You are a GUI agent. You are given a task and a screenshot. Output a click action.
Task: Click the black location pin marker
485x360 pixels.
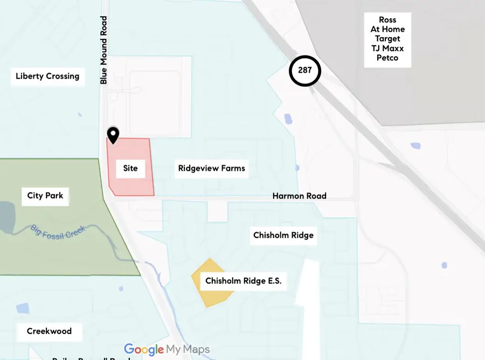113,134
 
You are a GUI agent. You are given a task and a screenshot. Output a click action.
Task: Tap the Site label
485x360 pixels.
130,168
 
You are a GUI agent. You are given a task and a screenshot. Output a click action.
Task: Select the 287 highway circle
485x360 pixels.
305,71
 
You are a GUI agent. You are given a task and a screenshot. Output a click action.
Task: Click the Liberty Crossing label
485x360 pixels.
47,76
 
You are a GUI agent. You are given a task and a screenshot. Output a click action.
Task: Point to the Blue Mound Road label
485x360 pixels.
104,50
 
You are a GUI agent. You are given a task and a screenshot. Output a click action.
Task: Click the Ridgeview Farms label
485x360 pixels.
212,168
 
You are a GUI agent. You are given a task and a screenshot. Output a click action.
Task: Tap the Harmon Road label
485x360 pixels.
299,196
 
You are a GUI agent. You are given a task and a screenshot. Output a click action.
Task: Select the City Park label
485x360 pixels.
45,195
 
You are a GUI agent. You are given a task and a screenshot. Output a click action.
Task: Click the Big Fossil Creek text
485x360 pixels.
58,232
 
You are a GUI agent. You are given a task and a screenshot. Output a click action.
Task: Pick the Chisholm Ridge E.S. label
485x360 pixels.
244,281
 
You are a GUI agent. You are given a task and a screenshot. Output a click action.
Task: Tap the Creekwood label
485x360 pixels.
49,331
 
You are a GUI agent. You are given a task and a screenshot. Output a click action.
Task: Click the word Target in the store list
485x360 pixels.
388,39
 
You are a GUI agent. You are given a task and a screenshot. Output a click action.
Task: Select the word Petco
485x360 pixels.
387,58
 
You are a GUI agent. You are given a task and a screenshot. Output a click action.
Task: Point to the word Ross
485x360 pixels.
387,20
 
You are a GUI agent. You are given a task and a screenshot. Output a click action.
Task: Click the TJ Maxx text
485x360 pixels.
387,49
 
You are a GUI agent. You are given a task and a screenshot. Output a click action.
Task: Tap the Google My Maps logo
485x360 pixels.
167,349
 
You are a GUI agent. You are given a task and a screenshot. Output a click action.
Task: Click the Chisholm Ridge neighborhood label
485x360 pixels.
283,235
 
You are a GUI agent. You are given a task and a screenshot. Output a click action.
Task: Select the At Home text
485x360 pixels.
387,29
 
